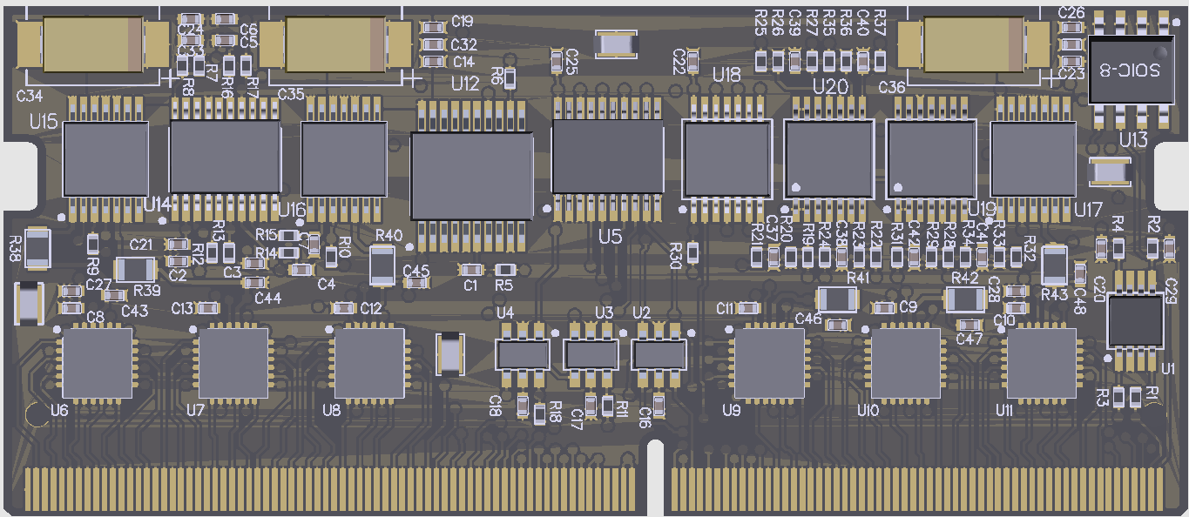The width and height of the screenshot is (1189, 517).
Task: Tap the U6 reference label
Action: pos(59,409)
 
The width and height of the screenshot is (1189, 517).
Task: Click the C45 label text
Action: pos(416,270)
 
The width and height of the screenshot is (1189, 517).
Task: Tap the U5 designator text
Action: pos(611,236)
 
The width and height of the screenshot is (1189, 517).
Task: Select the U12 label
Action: pos(465,84)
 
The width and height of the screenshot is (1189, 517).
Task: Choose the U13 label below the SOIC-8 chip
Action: pos(1133,140)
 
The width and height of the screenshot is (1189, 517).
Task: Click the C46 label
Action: pos(807,319)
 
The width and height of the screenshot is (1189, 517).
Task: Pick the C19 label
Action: pos(463,22)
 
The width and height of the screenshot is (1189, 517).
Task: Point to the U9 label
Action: pos(731,410)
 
